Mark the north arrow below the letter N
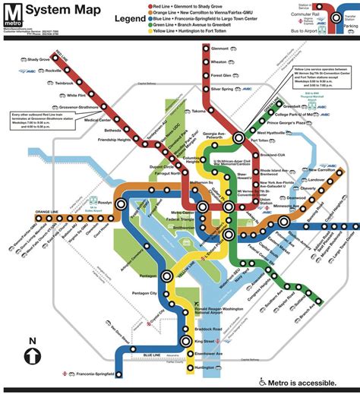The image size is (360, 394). pos(32,356)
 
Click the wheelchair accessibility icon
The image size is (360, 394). pos(264,382)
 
